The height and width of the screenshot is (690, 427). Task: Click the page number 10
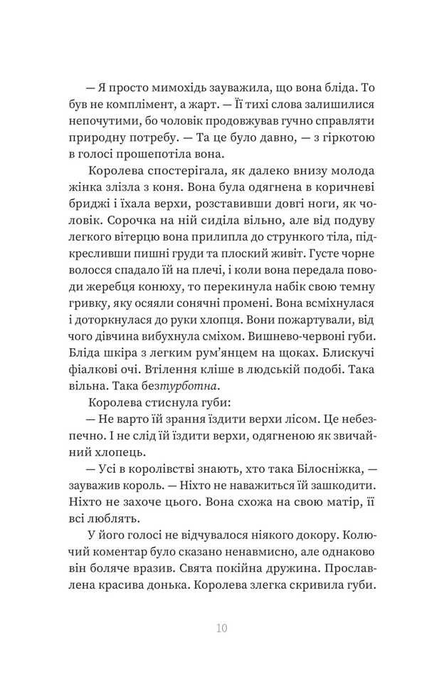[x=221, y=628]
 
